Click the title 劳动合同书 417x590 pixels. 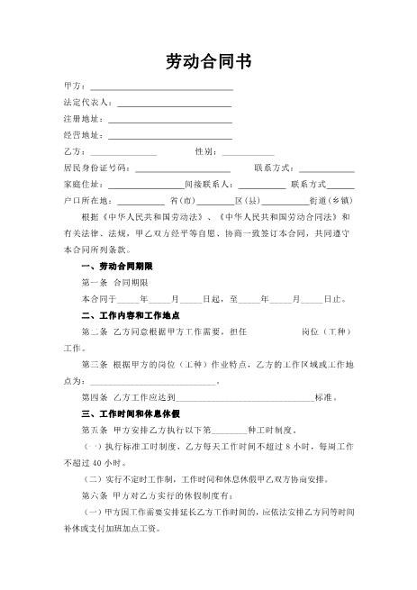pyautogui.click(x=208, y=61)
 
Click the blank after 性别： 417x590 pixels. pyautogui.click(x=247, y=152)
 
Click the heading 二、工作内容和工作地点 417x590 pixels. pyautogui.click(x=131, y=315)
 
